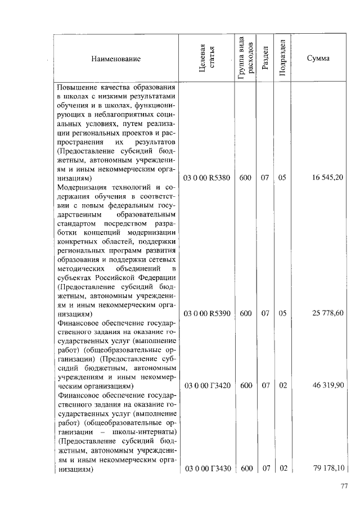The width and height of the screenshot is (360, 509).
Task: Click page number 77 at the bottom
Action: [344, 487]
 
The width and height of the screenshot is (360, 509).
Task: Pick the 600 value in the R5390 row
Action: [245, 313]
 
